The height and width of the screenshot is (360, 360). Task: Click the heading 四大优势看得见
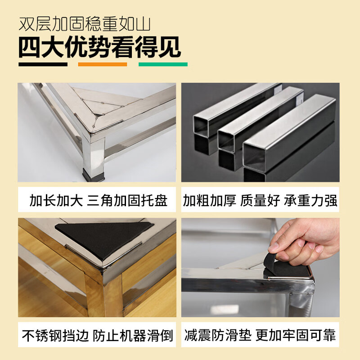tap(99, 46)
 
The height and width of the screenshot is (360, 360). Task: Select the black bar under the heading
tap(43, 64)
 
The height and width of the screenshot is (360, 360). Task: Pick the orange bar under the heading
tap(102, 64)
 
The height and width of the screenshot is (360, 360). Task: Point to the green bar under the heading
tap(163, 64)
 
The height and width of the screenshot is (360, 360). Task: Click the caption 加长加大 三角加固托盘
tap(98, 200)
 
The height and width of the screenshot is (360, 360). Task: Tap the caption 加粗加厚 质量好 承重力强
tap(260, 200)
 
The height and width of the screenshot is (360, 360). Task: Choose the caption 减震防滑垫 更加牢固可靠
tap(260, 335)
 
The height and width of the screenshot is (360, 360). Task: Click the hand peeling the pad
tap(306, 241)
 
